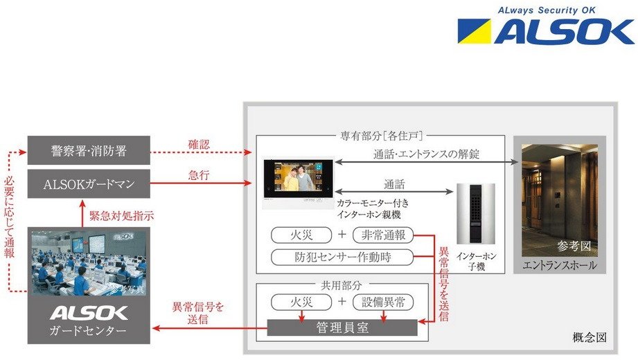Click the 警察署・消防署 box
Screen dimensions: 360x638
[89, 150]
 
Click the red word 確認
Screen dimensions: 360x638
[199, 145]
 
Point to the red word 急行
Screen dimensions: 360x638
[199, 178]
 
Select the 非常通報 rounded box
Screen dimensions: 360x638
[383, 235]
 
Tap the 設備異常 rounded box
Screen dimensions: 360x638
[383, 302]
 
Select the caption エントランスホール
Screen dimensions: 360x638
[558, 265]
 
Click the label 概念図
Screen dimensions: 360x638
[590, 338]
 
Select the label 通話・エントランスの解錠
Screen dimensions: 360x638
[426, 154]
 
